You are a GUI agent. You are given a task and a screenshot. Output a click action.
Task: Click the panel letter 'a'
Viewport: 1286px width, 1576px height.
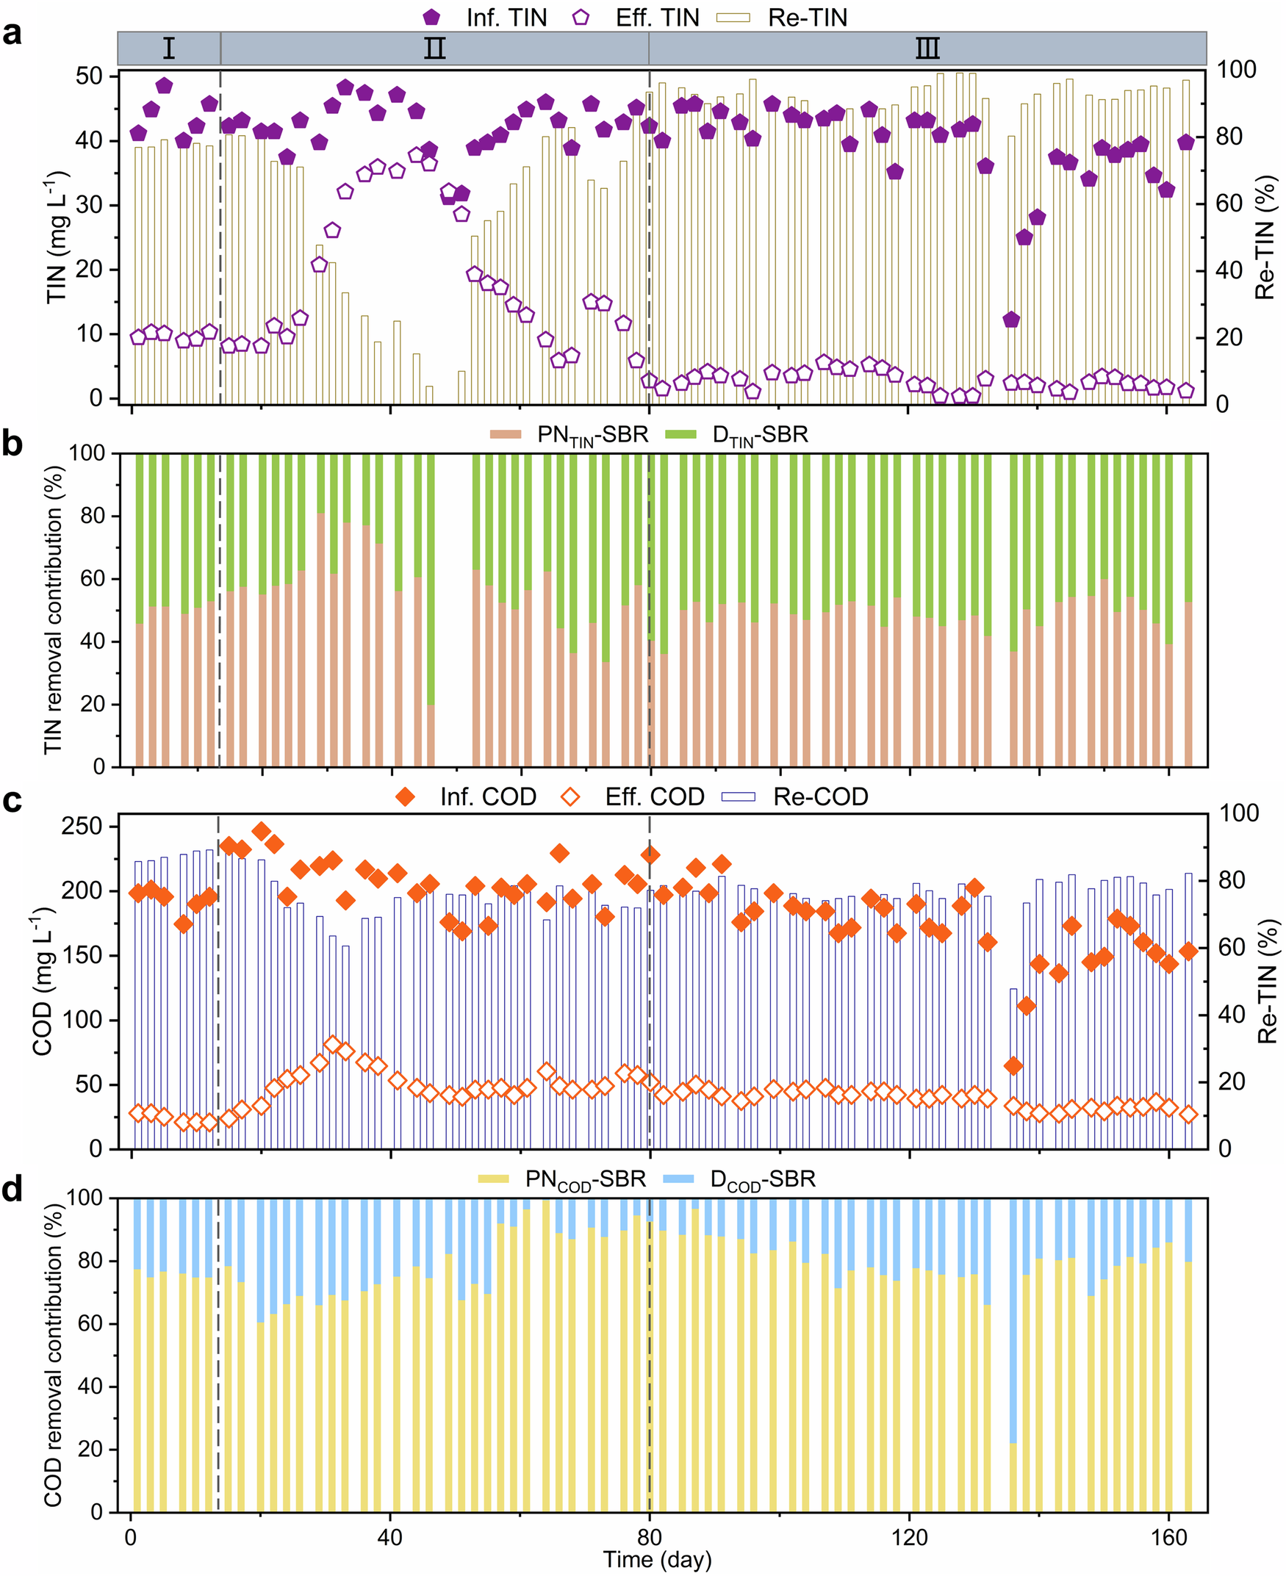click(x=12, y=34)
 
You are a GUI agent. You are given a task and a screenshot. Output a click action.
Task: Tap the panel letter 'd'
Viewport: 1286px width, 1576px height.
click(x=13, y=1190)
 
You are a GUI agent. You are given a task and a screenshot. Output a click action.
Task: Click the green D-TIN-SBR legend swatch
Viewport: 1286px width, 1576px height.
click(x=680, y=435)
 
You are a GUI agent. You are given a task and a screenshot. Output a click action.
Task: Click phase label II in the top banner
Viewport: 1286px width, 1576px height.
click(x=434, y=48)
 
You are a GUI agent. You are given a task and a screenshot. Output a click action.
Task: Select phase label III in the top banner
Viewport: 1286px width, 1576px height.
click(x=927, y=48)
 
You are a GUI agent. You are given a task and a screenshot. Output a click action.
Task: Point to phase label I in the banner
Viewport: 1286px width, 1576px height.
click(x=169, y=48)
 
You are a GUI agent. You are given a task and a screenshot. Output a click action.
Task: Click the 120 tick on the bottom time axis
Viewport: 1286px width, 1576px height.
click(x=909, y=1538)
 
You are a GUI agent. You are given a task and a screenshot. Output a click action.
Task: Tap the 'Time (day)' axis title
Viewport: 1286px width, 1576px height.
click(x=657, y=1560)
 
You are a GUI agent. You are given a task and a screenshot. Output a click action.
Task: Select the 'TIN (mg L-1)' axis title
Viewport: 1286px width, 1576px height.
click(x=57, y=239)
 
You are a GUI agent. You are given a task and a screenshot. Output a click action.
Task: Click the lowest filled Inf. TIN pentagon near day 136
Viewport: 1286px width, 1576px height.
click(x=1011, y=320)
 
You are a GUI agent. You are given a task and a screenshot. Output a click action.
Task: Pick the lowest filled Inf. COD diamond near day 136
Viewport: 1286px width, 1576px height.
click(x=1013, y=1065)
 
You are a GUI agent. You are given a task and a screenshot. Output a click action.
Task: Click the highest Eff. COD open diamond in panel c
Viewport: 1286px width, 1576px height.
click(x=333, y=1045)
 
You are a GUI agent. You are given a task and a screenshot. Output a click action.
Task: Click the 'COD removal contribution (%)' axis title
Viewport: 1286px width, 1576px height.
click(x=54, y=1355)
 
